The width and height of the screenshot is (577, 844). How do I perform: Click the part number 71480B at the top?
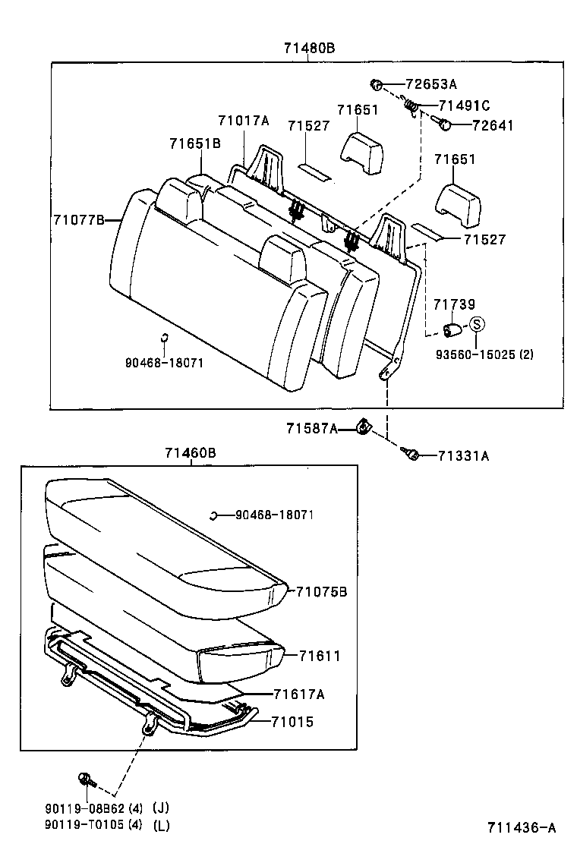coord(309,48)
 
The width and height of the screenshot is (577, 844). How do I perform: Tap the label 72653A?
coord(431,84)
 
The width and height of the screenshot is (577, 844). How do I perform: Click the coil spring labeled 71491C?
coord(411,107)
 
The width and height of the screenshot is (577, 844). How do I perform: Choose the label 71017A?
coord(243,120)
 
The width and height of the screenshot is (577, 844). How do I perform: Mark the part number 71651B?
coord(195,143)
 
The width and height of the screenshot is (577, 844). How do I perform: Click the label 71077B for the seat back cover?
coord(78,220)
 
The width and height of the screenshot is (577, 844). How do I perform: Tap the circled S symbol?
coord(476,324)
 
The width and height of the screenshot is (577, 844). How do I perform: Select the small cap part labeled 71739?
coord(452,329)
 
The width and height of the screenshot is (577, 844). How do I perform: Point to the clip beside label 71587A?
coord(364,430)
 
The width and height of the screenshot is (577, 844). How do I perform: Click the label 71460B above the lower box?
coord(191,453)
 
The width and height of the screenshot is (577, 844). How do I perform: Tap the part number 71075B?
coord(321,591)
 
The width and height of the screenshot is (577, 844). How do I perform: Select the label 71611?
coord(319,656)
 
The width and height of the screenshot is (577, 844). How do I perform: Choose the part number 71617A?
coord(300,694)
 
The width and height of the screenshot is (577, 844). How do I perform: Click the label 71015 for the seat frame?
coord(292,722)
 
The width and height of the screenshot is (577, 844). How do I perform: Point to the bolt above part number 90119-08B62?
coord(84,778)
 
